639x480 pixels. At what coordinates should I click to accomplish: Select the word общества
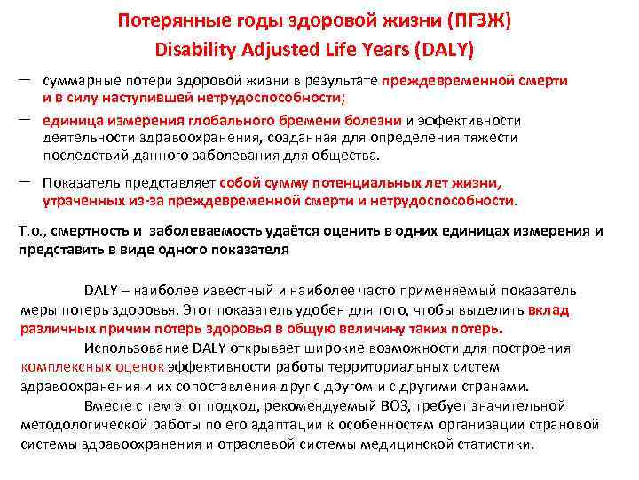(x=349, y=154)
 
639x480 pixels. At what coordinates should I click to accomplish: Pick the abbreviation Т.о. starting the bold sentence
(x=32, y=231)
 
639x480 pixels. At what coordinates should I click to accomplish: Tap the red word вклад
(x=548, y=310)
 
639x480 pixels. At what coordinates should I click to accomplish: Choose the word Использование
(x=127, y=348)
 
